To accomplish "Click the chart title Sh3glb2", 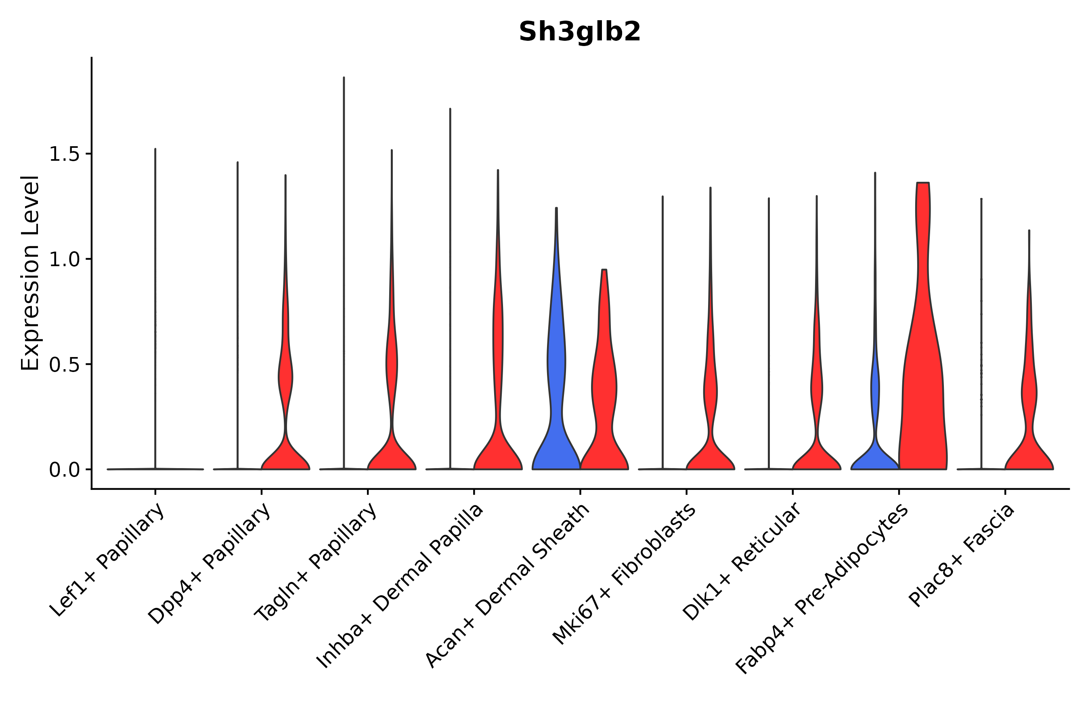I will [x=579, y=32].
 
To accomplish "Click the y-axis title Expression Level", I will [x=30, y=273].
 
